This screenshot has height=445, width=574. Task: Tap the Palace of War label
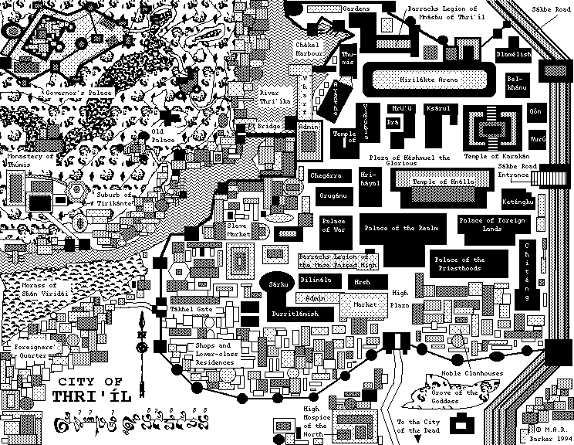tap(336, 225)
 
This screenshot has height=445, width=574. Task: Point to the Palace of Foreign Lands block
tap(491, 225)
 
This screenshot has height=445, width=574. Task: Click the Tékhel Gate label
tap(186, 307)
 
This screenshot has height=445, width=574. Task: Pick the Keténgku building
tap(518, 202)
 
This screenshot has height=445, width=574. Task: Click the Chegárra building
tap(325, 176)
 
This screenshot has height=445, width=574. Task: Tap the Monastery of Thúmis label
tap(30, 160)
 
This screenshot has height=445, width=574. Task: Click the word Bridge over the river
tap(268, 125)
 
